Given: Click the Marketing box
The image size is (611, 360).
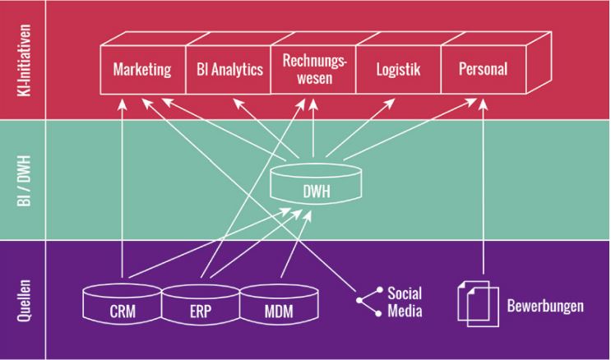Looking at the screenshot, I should coord(141,69).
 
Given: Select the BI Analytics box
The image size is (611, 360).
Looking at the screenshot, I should coord(229,69).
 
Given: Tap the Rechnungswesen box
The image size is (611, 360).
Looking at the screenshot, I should coord(313,69).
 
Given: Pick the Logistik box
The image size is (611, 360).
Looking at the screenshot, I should coord(398,69).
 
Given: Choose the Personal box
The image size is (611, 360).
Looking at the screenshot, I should coord(484,69).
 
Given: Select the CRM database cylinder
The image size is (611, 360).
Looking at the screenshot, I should coord(123,304).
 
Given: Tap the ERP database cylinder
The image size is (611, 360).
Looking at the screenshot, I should coord(201,304).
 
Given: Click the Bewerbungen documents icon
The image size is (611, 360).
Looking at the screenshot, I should coord(471,303).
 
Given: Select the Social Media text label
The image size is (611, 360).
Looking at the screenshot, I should coord(405,303).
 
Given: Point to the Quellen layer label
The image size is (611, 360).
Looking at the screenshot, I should coord(23,298).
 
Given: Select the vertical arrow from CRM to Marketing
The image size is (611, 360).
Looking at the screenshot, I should coord(122,189).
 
